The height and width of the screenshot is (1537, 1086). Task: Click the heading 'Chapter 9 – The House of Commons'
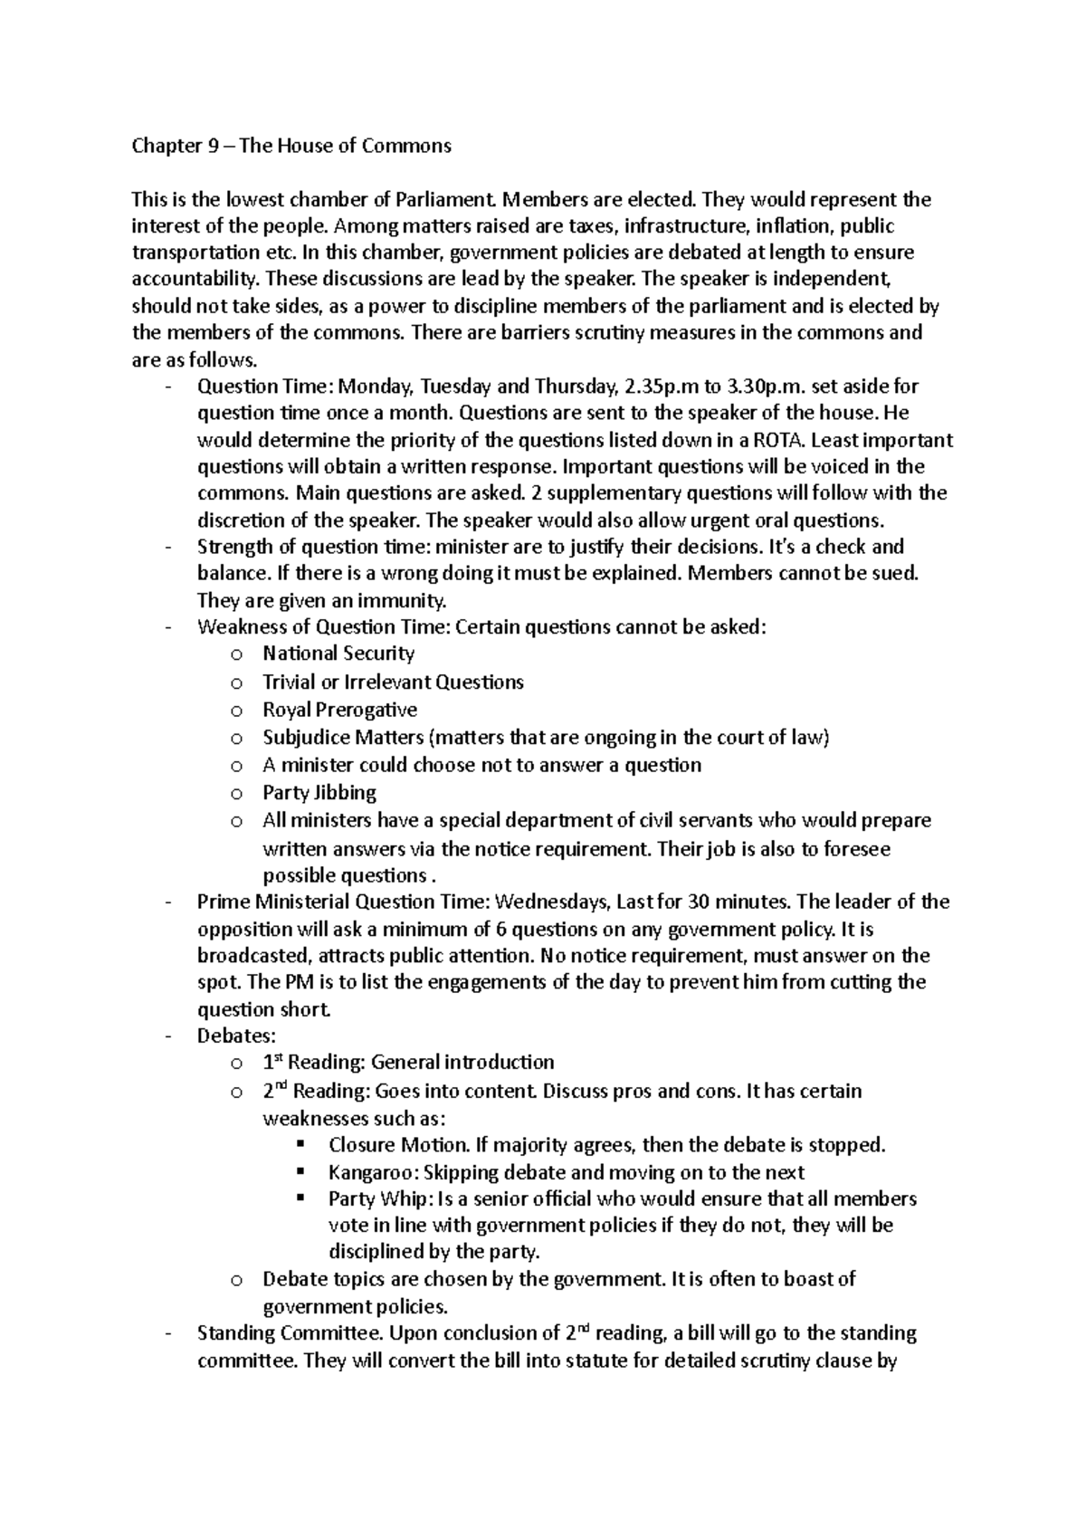(291, 146)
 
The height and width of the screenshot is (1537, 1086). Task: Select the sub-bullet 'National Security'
(338, 654)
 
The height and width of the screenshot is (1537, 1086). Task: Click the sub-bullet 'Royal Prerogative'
(339, 710)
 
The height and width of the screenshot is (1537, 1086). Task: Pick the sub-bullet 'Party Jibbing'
(319, 793)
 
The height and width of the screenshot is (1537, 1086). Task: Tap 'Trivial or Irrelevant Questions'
(393, 682)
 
